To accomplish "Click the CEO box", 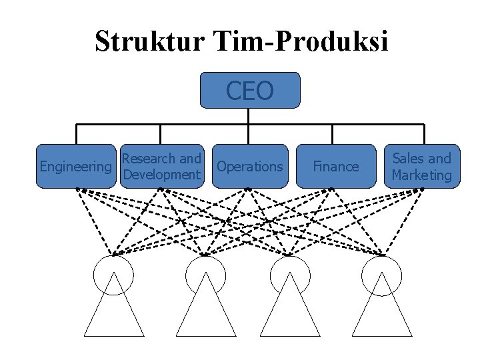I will tap(250, 90).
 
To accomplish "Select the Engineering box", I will tap(75, 166).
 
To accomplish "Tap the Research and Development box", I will tap(162, 166).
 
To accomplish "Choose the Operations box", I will tap(250, 166).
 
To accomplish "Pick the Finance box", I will tap(336, 166).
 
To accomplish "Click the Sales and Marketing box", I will tap(422, 166).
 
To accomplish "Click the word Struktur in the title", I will tap(151, 41).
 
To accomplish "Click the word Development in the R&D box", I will tap(162, 175).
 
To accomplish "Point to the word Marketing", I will tap(422, 175).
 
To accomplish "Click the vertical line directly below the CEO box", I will tap(249, 116).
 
